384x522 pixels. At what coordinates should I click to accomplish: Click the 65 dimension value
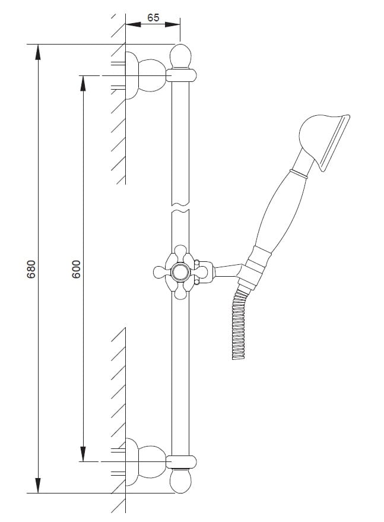coord(153,17)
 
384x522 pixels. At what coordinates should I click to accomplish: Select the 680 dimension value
coord(31,269)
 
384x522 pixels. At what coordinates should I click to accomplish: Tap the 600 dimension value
coord(76,269)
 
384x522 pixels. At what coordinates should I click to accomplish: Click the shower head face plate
coord(334,143)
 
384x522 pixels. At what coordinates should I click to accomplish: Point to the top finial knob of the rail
coord(180,56)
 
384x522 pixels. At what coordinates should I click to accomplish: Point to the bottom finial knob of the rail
coord(180,481)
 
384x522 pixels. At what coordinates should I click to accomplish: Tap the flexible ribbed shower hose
coord(240,325)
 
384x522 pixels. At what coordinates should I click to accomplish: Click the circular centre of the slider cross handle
coord(180,272)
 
